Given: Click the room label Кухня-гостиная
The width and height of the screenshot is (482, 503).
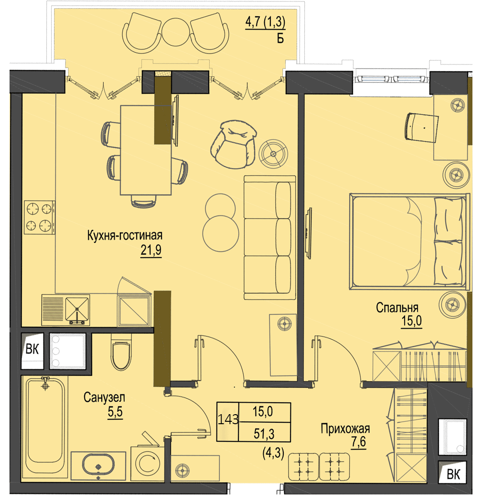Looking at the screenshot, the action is point(125,236).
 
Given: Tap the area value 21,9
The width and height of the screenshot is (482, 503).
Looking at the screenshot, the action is point(151,250).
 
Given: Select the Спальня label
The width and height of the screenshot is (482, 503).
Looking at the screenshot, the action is point(397,308).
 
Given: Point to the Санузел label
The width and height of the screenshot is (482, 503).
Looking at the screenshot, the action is point(104,398).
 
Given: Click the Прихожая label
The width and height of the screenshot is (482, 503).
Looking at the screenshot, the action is point(345,429).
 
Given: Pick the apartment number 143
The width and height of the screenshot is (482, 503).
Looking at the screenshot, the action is point(228,419).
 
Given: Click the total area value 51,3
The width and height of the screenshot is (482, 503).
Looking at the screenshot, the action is point(264,434).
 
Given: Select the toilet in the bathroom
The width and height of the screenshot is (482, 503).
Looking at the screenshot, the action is point(121,352).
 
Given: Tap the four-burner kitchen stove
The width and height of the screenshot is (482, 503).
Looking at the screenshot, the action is point(40,217).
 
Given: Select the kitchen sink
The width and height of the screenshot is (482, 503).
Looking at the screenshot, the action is point(77,309).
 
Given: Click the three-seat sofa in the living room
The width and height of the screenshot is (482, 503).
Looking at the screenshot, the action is point(269,237).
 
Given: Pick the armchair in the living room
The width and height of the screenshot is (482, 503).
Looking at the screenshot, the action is point(233,144).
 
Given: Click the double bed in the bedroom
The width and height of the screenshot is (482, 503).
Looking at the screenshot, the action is point(409,242).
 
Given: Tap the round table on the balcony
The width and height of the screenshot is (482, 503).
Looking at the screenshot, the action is point(175,32).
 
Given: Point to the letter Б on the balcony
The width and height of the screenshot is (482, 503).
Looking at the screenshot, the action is point(280,39).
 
